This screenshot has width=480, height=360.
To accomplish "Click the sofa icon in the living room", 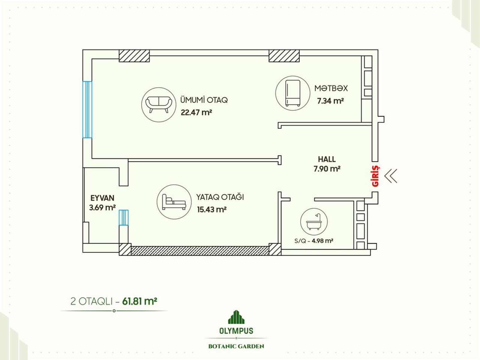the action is (159, 105).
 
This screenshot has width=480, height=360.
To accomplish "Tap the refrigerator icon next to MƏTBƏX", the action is (292, 93).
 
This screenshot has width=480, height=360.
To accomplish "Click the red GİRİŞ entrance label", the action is (376, 176).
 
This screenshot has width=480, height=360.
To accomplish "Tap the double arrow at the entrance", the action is (391, 176).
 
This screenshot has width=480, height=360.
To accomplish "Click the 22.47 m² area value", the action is (196, 112).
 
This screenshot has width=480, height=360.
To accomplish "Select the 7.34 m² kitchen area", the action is (330, 101).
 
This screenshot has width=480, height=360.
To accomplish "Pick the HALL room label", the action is (327, 159).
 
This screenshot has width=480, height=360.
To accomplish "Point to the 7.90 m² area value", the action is (327, 169).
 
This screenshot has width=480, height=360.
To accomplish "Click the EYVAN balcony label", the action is (102, 198).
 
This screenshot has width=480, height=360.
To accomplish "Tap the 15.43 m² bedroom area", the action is (212, 210).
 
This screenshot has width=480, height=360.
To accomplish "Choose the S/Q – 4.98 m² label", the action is (314, 241).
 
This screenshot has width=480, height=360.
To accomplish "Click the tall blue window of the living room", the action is (87, 109).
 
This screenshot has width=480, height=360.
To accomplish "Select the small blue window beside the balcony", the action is (124, 217).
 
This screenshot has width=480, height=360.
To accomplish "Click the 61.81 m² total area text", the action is (139, 301).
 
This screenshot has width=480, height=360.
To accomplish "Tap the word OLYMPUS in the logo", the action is (236, 331).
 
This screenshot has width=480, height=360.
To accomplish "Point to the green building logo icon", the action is (236, 317).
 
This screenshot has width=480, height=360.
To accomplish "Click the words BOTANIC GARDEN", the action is (236, 346).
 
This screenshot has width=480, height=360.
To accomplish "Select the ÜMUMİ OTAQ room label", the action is (204, 100).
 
